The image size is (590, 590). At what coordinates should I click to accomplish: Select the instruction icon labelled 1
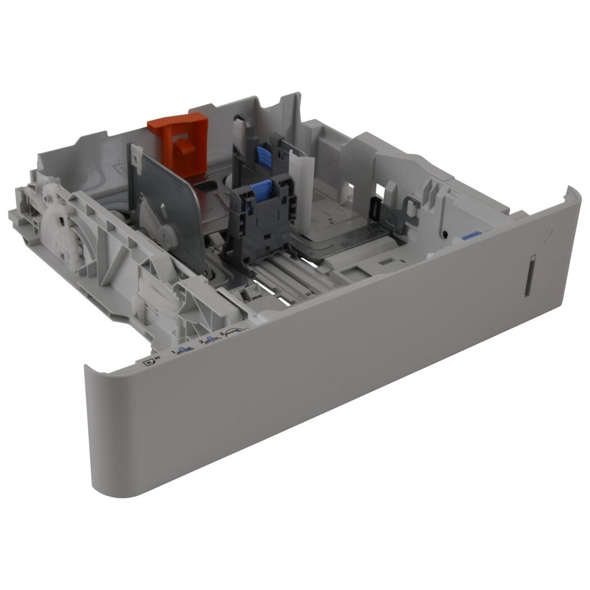coord(181,352)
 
